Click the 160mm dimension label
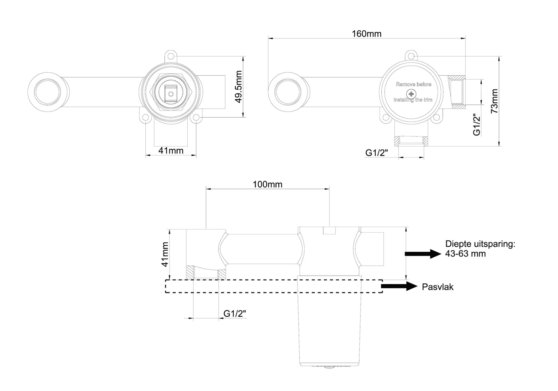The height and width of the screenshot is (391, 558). tap(366, 34)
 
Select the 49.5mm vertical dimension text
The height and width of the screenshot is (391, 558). tap(239, 87)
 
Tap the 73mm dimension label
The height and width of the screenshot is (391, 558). tap(494, 101)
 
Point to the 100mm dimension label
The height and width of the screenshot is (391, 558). tap(268, 184)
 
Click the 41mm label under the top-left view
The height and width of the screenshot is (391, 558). tap(171, 151)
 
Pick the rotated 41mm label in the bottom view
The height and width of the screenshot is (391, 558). tap(165, 254)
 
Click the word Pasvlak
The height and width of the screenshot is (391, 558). tap(438, 287)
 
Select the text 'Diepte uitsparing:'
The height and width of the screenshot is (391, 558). tap(480, 244)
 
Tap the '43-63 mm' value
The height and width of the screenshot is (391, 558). tap(465, 254)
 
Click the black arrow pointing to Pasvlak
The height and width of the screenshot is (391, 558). tap(399, 286)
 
